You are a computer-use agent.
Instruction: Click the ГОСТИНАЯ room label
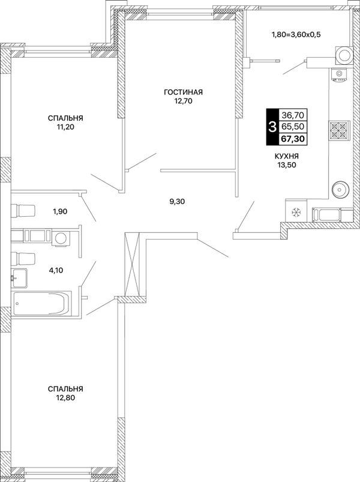coord(184,92)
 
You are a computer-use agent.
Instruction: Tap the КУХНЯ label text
coord(287,156)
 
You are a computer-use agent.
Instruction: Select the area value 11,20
coord(65,127)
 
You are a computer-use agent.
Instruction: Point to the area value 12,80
coord(65,398)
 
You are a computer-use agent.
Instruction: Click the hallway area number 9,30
coord(177,202)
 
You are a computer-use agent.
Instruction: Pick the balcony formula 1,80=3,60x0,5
coord(296,34)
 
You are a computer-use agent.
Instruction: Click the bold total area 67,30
coord(292,139)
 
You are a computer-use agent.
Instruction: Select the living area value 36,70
coord(293,115)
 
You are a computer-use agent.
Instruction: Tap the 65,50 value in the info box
coord(293,127)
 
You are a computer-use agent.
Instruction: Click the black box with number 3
coord(272,127)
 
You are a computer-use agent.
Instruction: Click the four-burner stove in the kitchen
coord(338,131)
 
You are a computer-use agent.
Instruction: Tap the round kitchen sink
coord(340,188)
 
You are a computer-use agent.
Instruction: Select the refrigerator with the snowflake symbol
coord(296,211)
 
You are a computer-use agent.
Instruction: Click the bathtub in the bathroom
coord(42,303)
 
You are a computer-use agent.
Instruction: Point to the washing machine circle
coord(61,238)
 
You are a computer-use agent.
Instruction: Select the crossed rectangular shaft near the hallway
coord(133,264)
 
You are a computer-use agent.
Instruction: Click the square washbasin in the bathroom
coord(19,278)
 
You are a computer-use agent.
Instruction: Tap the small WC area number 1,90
coord(60,211)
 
